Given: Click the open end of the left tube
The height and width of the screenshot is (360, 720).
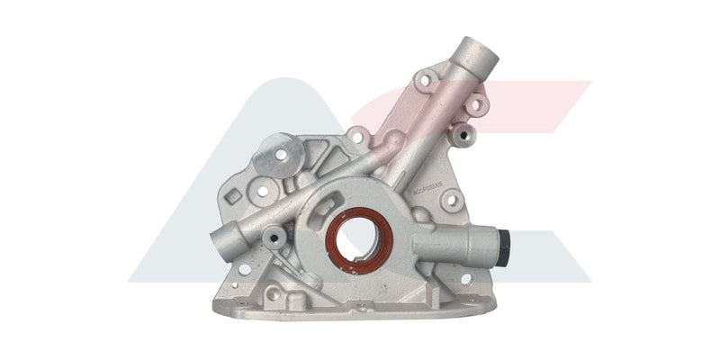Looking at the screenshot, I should click(219, 241).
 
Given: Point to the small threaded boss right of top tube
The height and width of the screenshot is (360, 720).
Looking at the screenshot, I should click(464, 138).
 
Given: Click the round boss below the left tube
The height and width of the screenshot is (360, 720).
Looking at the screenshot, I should click(273, 238).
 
